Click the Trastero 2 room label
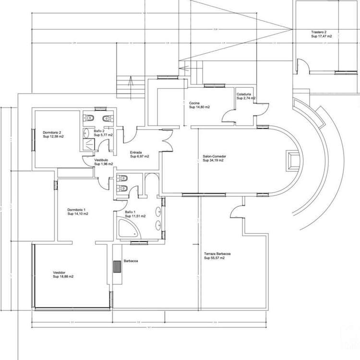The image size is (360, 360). [319, 33]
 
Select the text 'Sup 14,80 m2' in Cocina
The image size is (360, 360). [199, 107]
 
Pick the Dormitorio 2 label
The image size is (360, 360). [52, 132]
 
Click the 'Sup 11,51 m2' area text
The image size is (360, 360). [135, 216]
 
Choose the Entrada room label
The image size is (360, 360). [137, 153]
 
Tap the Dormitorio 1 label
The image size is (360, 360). [77, 210]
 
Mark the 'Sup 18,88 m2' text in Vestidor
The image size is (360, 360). [63, 276]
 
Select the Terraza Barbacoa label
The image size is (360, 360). [218, 254]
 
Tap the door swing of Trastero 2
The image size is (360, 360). [302, 65]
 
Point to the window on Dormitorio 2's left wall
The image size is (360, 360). [33, 138]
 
